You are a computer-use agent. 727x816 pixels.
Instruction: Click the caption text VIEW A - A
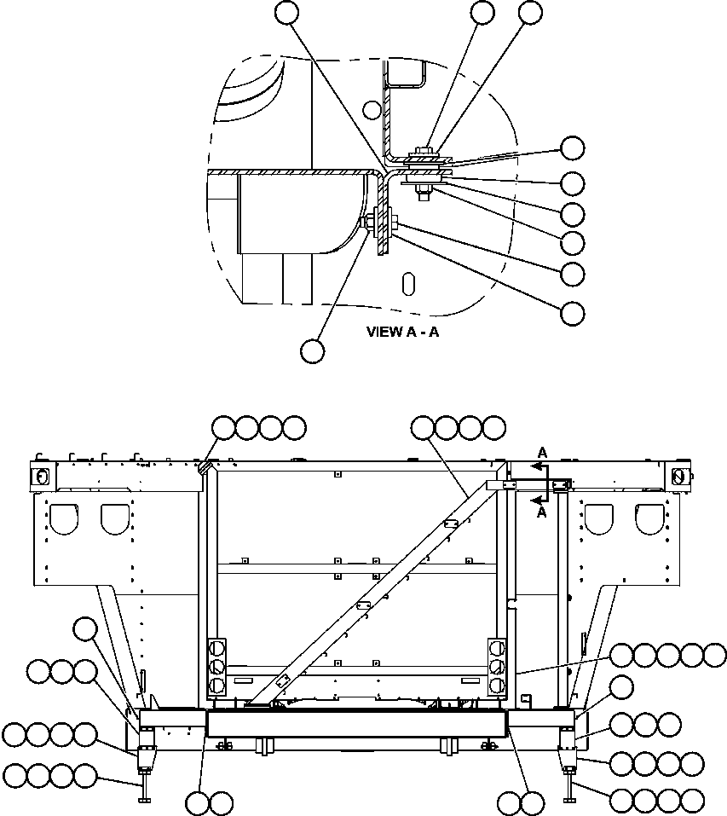click(x=403, y=332)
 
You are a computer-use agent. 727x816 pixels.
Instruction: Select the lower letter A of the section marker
click(x=539, y=512)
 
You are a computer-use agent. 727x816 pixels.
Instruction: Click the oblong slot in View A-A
click(x=409, y=283)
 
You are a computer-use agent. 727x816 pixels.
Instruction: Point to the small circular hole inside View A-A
click(x=371, y=109)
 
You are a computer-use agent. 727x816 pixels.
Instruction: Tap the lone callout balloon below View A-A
click(x=312, y=350)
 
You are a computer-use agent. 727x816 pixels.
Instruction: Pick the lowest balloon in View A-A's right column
click(x=573, y=313)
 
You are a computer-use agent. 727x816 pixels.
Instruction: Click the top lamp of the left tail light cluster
click(x=216, y=648)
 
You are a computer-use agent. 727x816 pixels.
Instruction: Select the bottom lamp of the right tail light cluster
click(x=496, y=685)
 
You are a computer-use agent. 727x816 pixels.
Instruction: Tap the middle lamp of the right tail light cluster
click(x=496, y=667)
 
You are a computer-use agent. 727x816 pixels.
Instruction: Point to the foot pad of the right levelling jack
click(x=569, y=799)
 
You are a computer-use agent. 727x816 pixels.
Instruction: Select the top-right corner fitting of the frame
click(x=679, y=475)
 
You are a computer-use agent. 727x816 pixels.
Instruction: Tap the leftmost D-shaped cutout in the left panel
click(x=62, y=516)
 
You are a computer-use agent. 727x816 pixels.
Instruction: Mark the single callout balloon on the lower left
click(x=85, y=630)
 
